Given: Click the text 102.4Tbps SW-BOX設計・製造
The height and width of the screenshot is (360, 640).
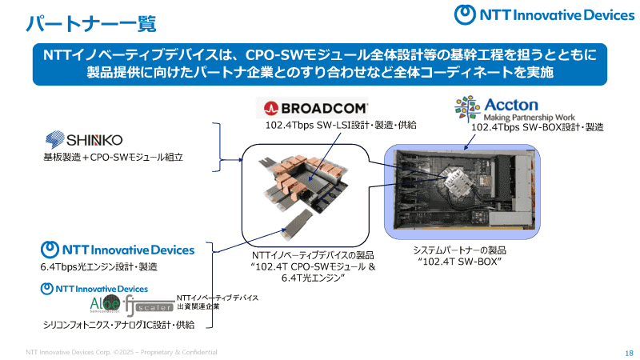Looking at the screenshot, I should (x=537, y=127).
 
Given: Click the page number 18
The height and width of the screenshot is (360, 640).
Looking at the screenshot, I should (x=628, y=352).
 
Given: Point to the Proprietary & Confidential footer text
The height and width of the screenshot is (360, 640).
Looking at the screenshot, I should (x=120, y=352).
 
